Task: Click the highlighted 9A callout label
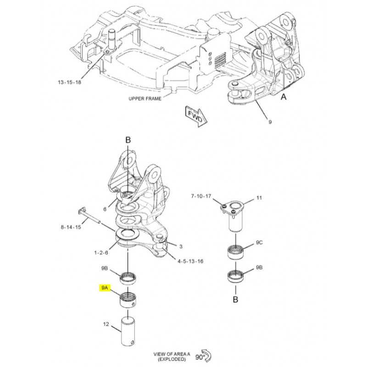click(105, 288)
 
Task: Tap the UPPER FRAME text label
click(145, 98)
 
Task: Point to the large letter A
click(284, 97)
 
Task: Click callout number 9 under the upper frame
click(270, 122)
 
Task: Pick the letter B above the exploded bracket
click(128, 139)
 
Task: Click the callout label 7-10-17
click(201, 197)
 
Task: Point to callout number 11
click(259, 198)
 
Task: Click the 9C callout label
click(260, 242)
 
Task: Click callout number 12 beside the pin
click(106, 325)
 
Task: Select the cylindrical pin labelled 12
click(128, 328)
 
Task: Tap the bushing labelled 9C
click(236, 252)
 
